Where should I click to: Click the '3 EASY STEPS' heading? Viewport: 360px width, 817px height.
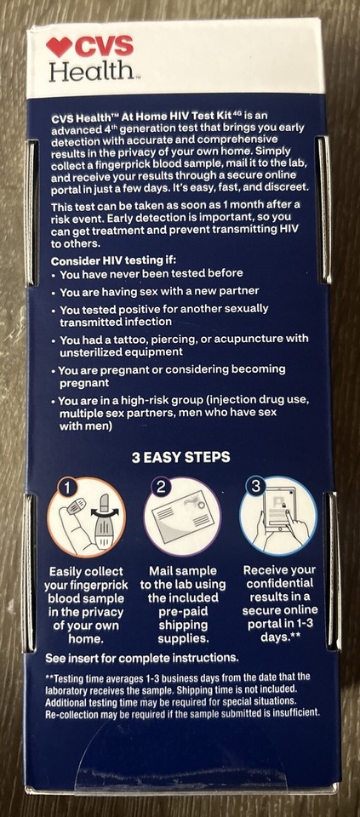(x=180, y=457)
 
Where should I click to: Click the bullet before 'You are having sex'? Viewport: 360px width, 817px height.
(x=55, y=297)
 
